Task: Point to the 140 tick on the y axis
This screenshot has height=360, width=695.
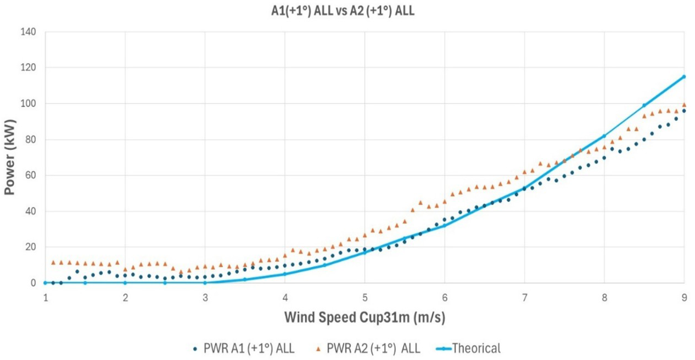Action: point(28,32)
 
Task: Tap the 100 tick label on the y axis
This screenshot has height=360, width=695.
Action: point(28,104)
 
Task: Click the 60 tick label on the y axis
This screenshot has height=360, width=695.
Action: point(30,176)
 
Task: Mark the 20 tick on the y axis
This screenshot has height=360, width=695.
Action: point(30,247)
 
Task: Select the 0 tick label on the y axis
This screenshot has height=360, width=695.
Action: point(33,283)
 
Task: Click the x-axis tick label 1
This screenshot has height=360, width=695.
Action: point(46,297)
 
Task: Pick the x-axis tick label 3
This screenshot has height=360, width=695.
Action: point(205,297)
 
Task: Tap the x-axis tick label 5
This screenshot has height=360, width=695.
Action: point(365,297)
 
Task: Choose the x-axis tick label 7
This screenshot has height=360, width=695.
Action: point(524,297)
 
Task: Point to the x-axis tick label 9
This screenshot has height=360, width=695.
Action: point(683,297)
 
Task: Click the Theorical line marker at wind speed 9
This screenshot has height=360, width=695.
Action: point(683,77)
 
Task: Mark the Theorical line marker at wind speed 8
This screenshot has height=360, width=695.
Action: point(604,136)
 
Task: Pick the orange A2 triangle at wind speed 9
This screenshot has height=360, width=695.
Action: point(684,104)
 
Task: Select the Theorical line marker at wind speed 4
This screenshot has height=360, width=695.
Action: point(285,274)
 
